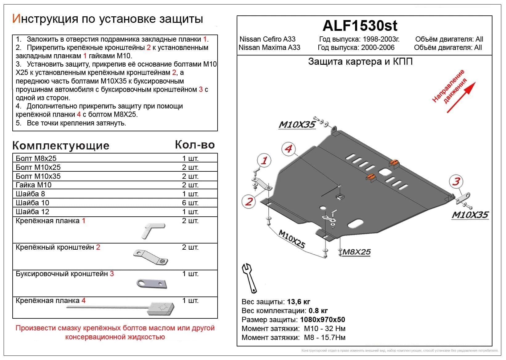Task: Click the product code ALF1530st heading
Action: [x=360, y=26]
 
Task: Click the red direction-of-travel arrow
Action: [x=461, y=97]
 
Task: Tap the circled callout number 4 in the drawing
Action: [x=288, y=149]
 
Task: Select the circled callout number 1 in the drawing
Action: [x=264, y=160]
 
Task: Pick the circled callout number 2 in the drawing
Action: [x=249, y=202]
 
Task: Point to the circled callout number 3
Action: [x=456, y=181]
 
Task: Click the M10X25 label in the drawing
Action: [x=292, y=239]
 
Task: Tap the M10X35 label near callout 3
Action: [x=470, y=215]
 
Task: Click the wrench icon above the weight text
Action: [x=249, y=278]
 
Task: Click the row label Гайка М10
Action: [x=34, y=185]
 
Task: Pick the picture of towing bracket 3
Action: [x=152, y=283]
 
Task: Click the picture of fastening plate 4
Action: [x=160, y=309]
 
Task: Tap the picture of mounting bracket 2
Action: [x=150, y=257]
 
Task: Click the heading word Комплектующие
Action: [x=61, y=145]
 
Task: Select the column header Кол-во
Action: [x=194, y=145]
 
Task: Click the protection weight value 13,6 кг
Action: [x=298, y=302]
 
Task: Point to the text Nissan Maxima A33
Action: [x=269, y=47]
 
